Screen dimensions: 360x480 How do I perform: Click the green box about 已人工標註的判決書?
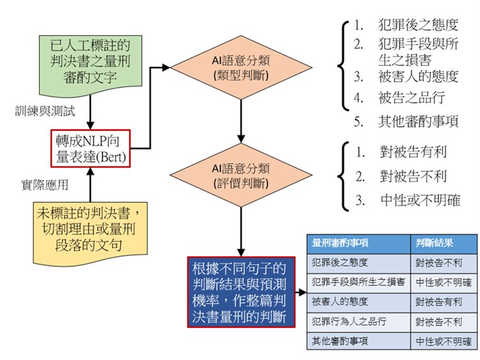tap(90, 61)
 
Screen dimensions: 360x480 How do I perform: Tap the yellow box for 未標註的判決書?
tap(90, 228)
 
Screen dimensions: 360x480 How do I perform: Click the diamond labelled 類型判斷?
tap(240, 68)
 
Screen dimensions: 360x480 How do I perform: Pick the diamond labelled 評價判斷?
tap(240, 176)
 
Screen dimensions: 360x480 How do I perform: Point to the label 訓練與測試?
tap(45, 111)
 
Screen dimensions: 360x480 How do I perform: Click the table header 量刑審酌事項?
tap(340, 243)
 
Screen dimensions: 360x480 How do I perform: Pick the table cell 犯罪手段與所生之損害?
tap(358, 282)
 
